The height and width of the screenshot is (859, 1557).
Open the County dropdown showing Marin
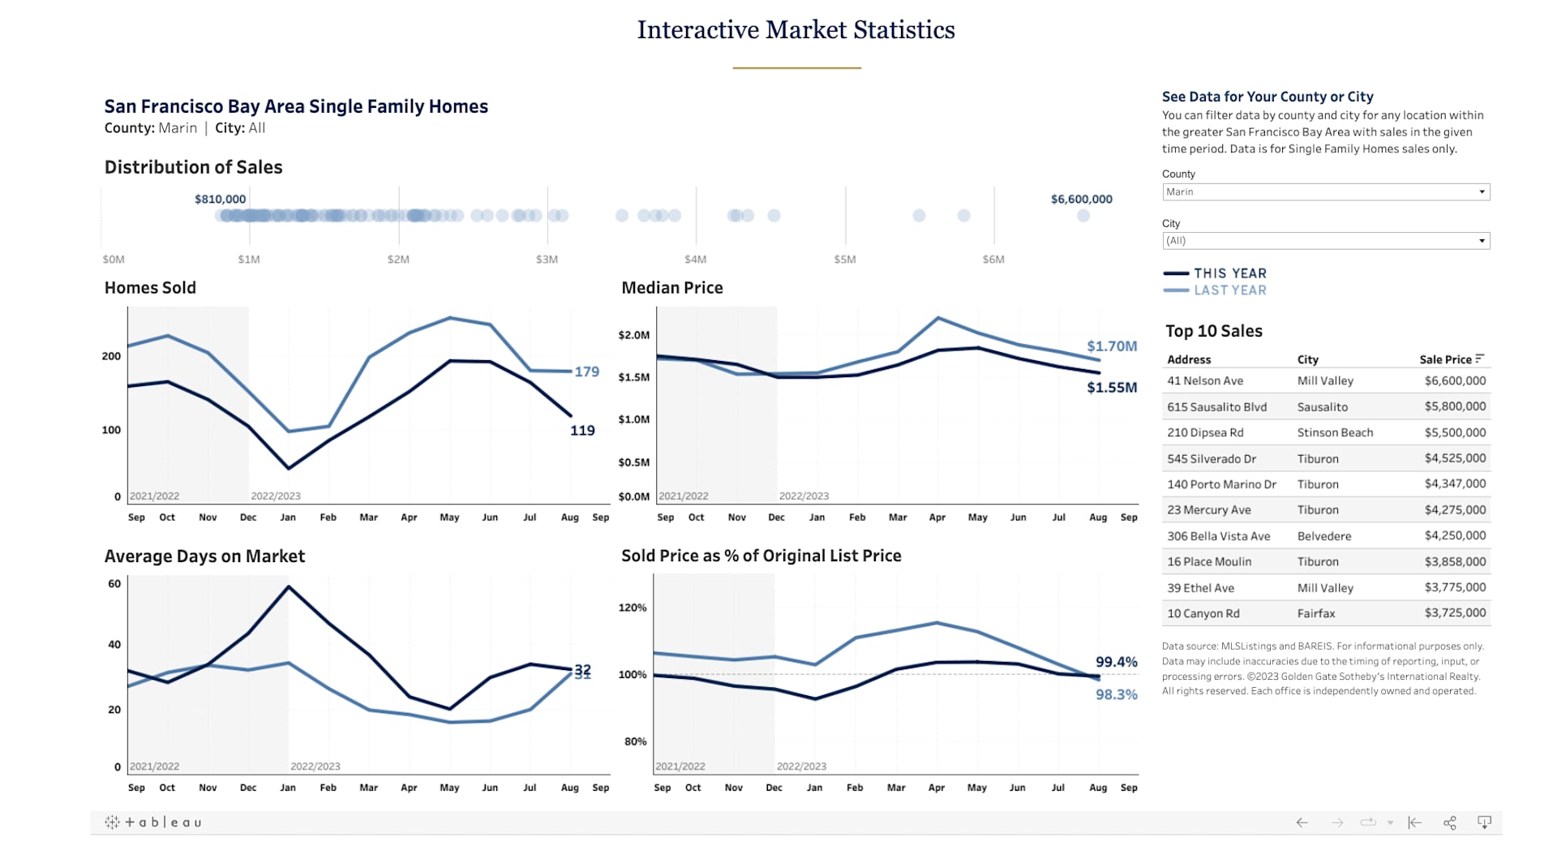[1325, 192]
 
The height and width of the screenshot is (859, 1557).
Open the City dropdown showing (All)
[1325, 241]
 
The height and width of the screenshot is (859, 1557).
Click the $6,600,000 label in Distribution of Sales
[1081, 200]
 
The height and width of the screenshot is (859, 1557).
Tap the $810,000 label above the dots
[220, 200]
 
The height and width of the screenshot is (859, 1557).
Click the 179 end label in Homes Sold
[586, 372]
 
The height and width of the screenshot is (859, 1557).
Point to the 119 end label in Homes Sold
[582, 431]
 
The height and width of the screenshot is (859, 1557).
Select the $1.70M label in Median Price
[1112, 346]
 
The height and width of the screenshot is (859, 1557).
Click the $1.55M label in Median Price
[1112, 388]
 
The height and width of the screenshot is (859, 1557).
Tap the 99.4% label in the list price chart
[1116, 662]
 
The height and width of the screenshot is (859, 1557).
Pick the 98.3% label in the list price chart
[1116, 694]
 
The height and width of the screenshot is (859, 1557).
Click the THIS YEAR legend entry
[1229, 273]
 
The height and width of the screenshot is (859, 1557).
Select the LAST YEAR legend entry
[1229, 290]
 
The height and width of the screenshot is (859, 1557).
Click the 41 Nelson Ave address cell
[1205, 381]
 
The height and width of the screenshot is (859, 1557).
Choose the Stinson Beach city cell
[1335, 433]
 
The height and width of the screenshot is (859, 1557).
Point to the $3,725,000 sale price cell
[1455, 613]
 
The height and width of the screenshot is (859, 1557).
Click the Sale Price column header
[1445, 359]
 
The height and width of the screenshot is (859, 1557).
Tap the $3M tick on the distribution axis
[547, 260]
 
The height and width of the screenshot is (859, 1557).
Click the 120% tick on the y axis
[633, 608]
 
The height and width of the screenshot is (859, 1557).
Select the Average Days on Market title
[204, 556]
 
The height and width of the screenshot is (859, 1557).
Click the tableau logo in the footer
[153, 822]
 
